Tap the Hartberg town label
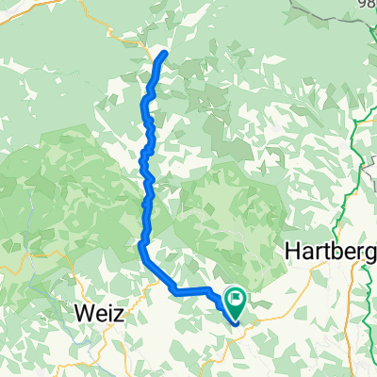point(329,253)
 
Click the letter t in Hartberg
point(327,253)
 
